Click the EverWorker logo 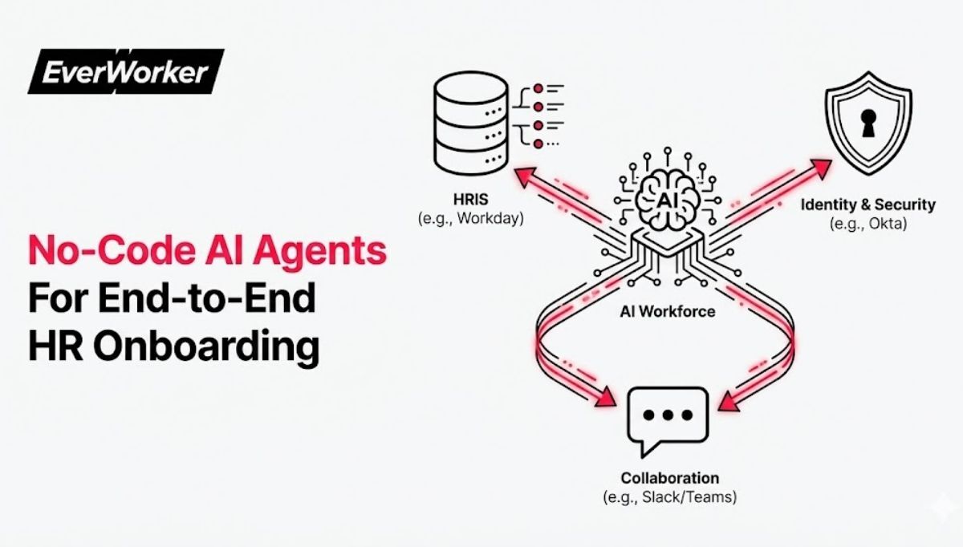point(125,72)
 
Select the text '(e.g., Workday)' point(470,217)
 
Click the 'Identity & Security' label point(868,205)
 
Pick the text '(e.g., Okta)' point(868,224)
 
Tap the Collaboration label point(669,478)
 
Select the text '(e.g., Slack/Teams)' point(669,497)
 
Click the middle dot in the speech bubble point(668,416)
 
